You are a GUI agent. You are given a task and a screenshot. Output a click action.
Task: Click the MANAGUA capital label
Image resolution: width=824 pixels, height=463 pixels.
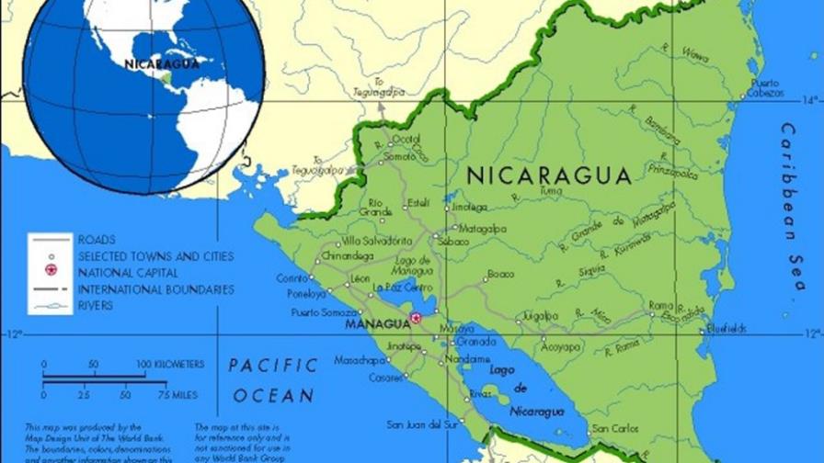click(x=376, y=324)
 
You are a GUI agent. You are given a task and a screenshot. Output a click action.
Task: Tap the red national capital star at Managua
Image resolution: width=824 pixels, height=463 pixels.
click(x=416, y=318)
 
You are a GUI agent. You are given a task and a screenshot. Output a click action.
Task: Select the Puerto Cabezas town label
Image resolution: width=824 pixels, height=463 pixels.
click(x=763, y=88)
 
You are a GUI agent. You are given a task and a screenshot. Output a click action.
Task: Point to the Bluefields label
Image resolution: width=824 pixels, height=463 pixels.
click(x=728, y=328)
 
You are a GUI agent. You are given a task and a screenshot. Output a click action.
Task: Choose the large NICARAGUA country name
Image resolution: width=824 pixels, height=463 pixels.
click(x=549, y=175)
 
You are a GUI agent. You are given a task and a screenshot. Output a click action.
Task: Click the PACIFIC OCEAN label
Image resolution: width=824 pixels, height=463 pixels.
click(x=273, y=380)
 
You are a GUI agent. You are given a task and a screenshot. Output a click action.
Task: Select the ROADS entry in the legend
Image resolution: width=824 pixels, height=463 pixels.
click(x=97, y=239)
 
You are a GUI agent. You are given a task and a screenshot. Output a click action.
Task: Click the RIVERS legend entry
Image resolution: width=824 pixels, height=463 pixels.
click(x=96, y=306)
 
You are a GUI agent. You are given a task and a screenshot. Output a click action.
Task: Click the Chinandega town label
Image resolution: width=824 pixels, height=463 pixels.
click(x=348, y=256)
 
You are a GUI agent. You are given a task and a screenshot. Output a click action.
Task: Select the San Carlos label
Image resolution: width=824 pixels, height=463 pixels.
click(x=613, y=428)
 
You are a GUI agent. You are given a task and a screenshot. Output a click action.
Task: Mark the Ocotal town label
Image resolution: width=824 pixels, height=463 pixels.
click(x=406, y=140)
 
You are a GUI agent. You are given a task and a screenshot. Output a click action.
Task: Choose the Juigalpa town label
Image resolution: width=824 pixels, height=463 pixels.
click(x=540, y=316)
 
